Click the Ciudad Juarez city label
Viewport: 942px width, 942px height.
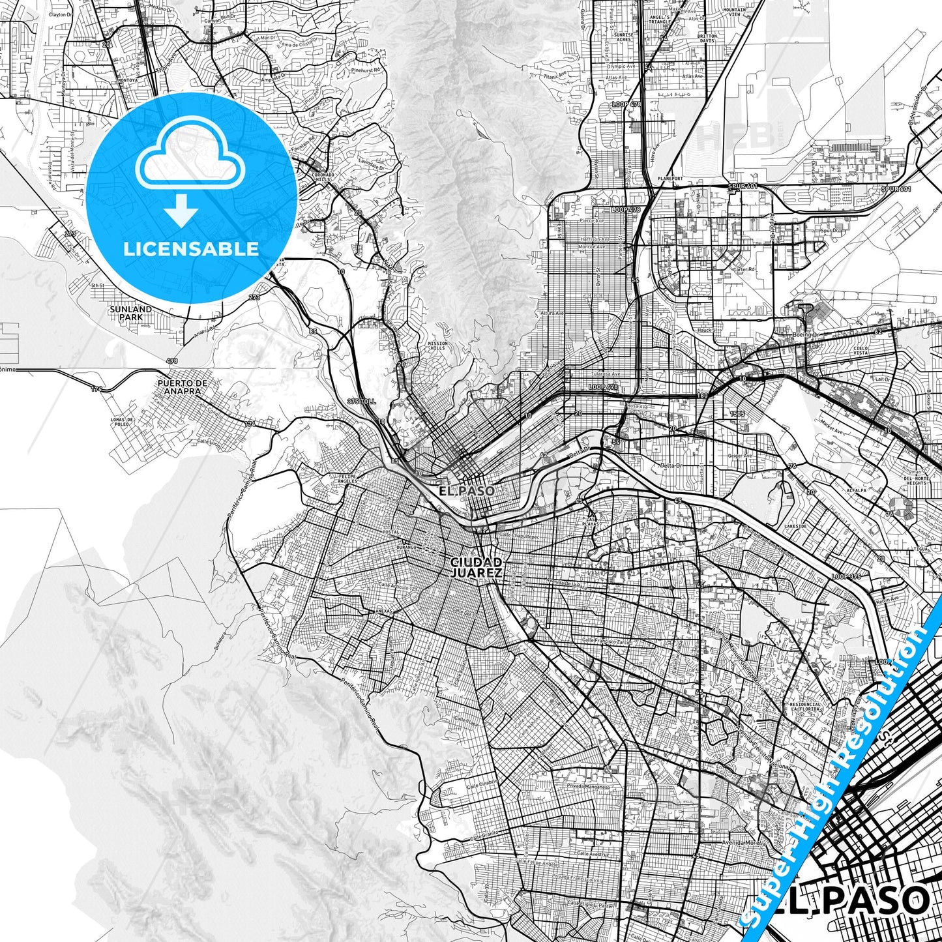pos(475,567)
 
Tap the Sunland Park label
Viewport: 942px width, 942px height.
pos(130,313)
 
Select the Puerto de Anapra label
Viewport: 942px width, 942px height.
pos(183,387)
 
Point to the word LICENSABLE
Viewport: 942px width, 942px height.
pos(191,249)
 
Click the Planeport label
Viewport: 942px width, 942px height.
pos(670,178)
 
